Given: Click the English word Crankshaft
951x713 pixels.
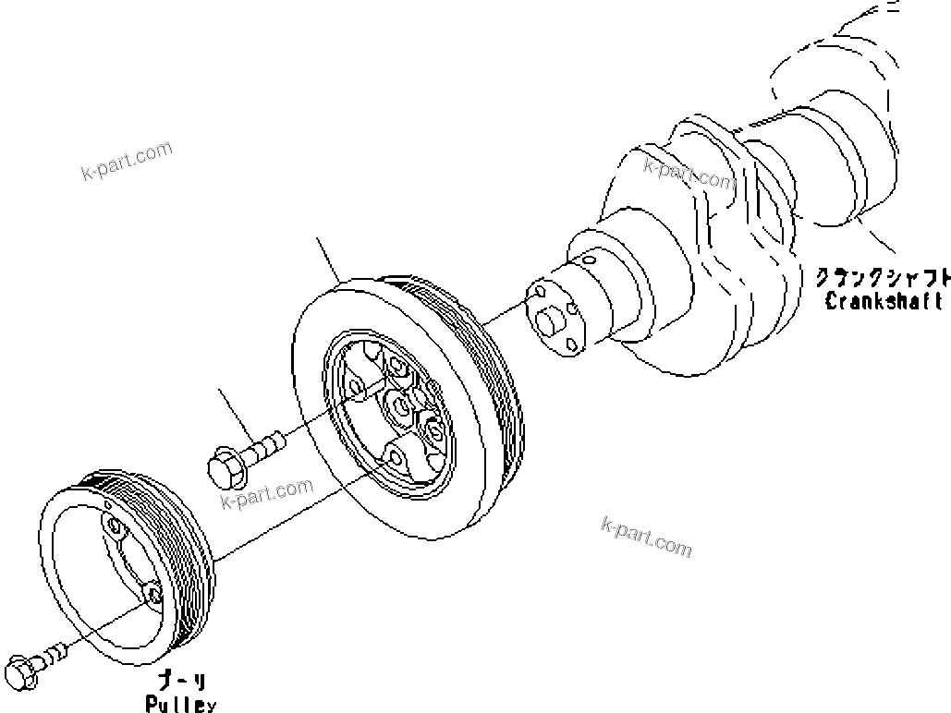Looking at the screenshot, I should (x=884, y=301).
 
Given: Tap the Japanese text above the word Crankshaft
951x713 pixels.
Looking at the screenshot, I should (x=884, y=276).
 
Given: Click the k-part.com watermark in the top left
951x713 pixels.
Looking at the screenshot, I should (x=127, y=162).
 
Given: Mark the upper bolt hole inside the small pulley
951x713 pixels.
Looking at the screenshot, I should (x=114, y=527).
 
